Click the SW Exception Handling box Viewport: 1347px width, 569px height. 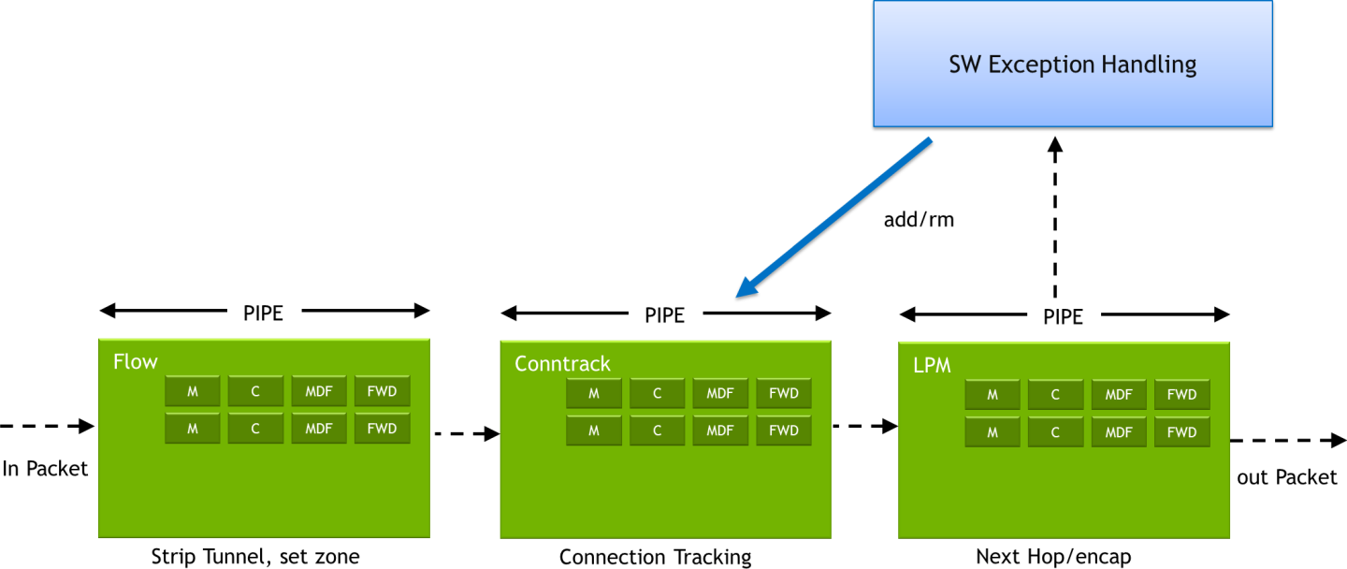coord(1072,64)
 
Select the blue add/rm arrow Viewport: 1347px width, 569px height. coord(834,217)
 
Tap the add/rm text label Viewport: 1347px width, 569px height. coord(919,221)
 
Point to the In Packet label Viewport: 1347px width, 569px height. coord(45,469)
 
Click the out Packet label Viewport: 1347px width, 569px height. coord(1287,477)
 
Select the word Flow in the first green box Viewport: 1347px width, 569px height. coord(136,361)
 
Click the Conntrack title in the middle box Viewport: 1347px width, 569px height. coord(562,363)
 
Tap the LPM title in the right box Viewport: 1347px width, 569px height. coord(932,366)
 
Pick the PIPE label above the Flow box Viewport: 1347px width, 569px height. coord(263,313)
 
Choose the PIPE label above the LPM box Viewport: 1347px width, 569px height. coord(1063,316)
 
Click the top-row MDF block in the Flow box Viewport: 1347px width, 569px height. coord(319,391)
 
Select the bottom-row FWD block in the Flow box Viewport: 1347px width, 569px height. coord(382,429)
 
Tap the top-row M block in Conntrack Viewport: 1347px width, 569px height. coord(593,394)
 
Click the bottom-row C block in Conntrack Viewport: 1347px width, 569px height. coord(657,430)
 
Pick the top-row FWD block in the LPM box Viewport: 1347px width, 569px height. coord(1181,395)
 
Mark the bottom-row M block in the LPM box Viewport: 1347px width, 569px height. coord(992,431)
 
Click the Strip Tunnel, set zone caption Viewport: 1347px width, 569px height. coord(255,557)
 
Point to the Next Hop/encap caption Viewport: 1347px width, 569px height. coord(1053,557)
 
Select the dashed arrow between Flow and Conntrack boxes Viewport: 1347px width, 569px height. coord(465,433)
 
